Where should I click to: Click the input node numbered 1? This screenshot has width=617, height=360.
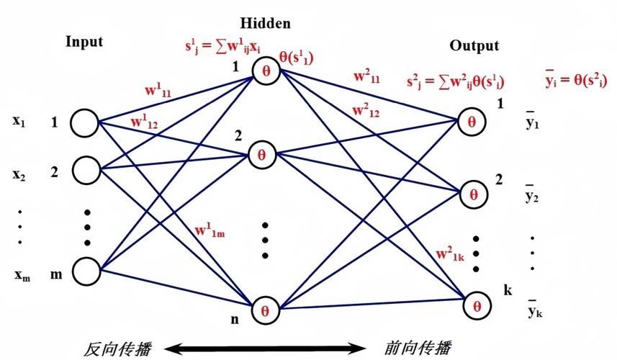(x=84, y=122)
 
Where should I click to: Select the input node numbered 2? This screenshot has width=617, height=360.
(x=84, y=171)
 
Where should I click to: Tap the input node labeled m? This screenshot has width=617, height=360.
(x=84, y=272)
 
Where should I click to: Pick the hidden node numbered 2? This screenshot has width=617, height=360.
(x=261, y=153)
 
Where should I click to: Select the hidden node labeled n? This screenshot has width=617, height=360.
(x=264, y=310)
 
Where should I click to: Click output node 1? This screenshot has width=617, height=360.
(x=472, y=120)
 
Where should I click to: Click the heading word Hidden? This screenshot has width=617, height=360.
(x=266, y=23)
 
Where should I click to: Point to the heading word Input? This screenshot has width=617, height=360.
(x=84, y=41)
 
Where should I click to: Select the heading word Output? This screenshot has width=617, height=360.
(x=474, y=45)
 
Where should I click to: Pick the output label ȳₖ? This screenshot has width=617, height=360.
(x=533, y=312)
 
